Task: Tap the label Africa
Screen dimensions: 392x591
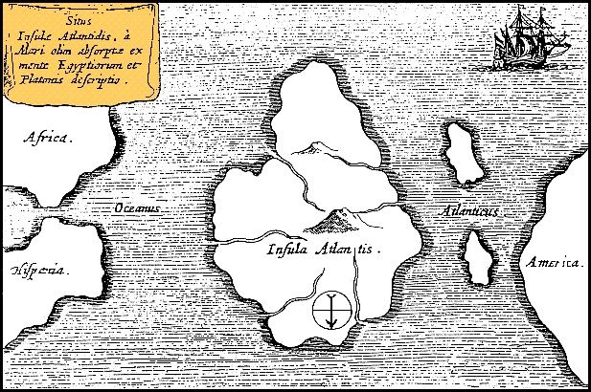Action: click(x=48, y=140)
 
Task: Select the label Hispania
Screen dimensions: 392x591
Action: click(x=40, y=271)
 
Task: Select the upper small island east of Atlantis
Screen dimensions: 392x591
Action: click(x=464, y=153)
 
